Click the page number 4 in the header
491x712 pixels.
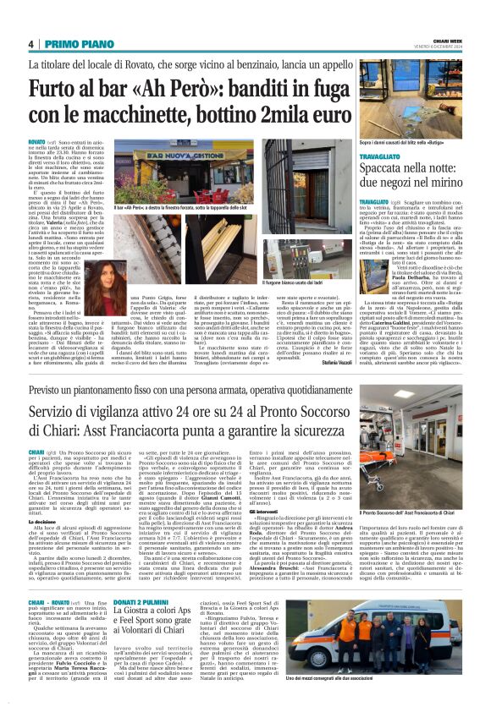click(x=30, y=44)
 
